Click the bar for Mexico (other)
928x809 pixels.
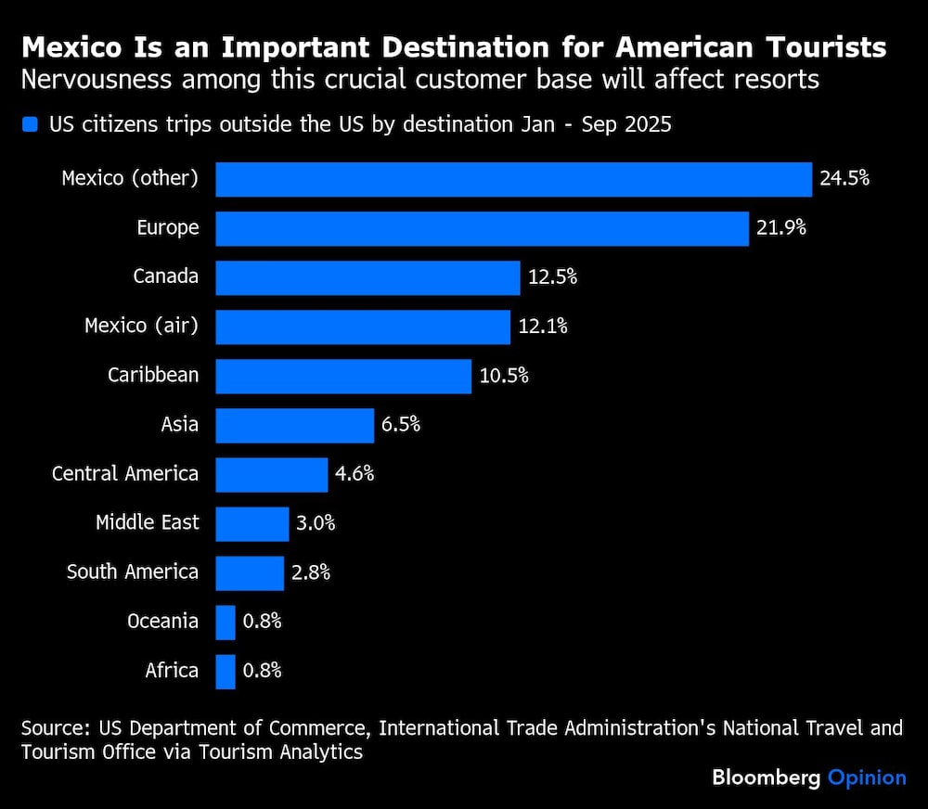click(513, 179)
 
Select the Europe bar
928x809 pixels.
click(482, 228)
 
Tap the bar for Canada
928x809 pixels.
click(367, 277)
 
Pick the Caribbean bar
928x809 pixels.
click(343, 376)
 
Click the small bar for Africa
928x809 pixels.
click(226, 671)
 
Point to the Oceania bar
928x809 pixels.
click(226, 622)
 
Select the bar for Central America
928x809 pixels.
click(272, 474)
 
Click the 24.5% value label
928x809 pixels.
click(844, 178)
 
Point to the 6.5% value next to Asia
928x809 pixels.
click(401, 424)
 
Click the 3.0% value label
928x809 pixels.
click(316, 522)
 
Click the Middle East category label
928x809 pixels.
click(148, 522)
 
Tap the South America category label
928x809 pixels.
click(133, 571)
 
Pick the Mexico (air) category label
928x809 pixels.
click(142, 326)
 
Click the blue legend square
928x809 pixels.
click(31, 124)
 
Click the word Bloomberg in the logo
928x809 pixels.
click(766, 777)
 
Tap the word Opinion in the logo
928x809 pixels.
click(867, 777)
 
